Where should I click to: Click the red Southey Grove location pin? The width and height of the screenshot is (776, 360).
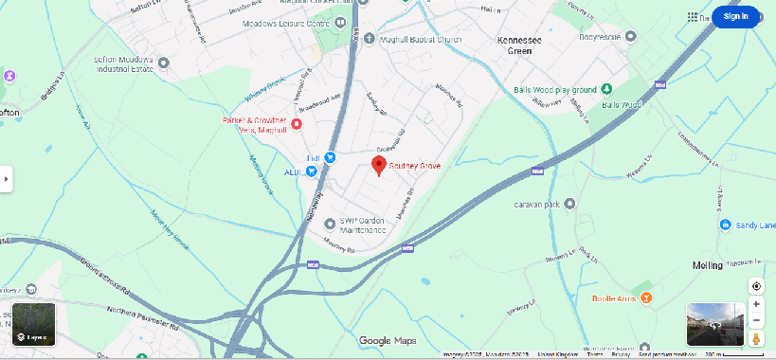click(x=379, y=167)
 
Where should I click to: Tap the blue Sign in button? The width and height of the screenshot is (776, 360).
click(x=735, y=16)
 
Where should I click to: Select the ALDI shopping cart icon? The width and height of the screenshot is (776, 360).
click(x=311, y=171)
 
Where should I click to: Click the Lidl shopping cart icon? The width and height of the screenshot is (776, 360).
click(x=330, y=157)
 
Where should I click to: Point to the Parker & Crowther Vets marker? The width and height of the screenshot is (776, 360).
click(x=297, y=124)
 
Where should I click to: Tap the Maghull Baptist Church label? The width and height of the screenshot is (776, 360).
click(x=411, y=38)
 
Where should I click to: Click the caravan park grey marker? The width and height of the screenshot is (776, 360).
click(x=569, y=204)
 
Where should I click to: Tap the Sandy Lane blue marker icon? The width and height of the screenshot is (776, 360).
click(x=725, y=225)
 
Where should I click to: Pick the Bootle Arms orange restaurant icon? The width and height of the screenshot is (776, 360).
click(x=645, y=297)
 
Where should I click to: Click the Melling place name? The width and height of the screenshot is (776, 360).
click(x=707, y=266)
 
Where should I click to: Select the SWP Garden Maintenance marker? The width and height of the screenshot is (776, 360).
click(x=330, y=224)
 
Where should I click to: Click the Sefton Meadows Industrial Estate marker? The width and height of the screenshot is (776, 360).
click(x=163, y=63)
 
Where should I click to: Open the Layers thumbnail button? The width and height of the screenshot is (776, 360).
click(x=34, y=324)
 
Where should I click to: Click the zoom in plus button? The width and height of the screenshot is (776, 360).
click(x=756, y=304)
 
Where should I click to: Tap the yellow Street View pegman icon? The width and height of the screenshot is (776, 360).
click(x=756, y=338)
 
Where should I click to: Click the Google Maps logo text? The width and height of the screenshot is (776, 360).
click(x=388, y=341)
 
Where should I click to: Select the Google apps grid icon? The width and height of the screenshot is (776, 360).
click(x=694, y=17)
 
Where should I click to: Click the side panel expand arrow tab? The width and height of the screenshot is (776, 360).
click(x=6, y=177)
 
